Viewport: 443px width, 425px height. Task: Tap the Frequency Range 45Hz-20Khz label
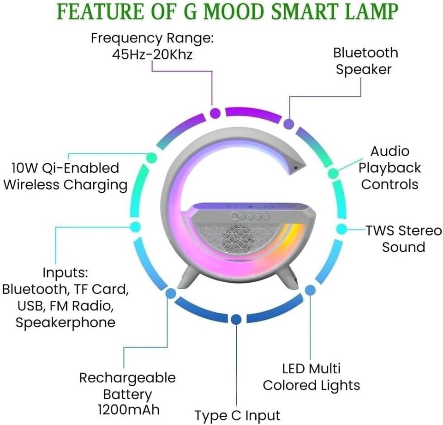point(152,46)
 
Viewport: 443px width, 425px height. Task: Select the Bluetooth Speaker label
point(365,61)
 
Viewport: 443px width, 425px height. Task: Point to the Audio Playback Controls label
point(390,168)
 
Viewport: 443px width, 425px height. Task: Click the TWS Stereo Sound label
point(403,238)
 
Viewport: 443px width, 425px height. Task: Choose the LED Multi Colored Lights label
point(311,376)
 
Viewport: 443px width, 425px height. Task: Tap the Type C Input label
point(237,415)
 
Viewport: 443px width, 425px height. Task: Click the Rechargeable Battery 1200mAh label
point(127,394)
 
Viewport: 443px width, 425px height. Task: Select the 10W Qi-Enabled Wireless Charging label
point(65,176)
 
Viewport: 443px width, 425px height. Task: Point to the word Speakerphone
point(65,322)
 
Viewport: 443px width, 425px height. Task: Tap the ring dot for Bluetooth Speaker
point(289,124)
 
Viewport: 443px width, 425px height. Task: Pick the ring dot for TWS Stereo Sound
point(341,229)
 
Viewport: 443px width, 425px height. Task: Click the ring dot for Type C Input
point(236,319)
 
